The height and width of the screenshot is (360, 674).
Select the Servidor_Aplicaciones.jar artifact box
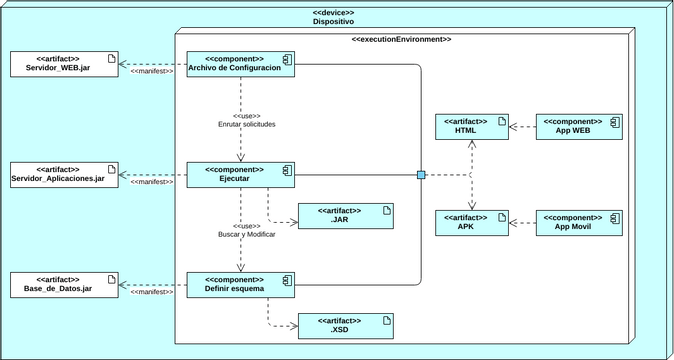(x=63, y=175)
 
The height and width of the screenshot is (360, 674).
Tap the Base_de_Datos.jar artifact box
(x=63, y=284)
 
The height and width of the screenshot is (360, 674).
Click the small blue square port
(x=421, y=175)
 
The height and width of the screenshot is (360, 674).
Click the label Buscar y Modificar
(x=246, y=234)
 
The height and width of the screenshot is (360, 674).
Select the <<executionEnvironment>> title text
(x=401, y=39)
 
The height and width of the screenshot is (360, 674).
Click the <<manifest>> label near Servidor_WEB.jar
(x=152, y=72)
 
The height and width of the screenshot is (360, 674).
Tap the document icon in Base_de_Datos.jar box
(x=111, y=278)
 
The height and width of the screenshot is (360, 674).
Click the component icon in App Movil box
(x=616, y=217)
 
